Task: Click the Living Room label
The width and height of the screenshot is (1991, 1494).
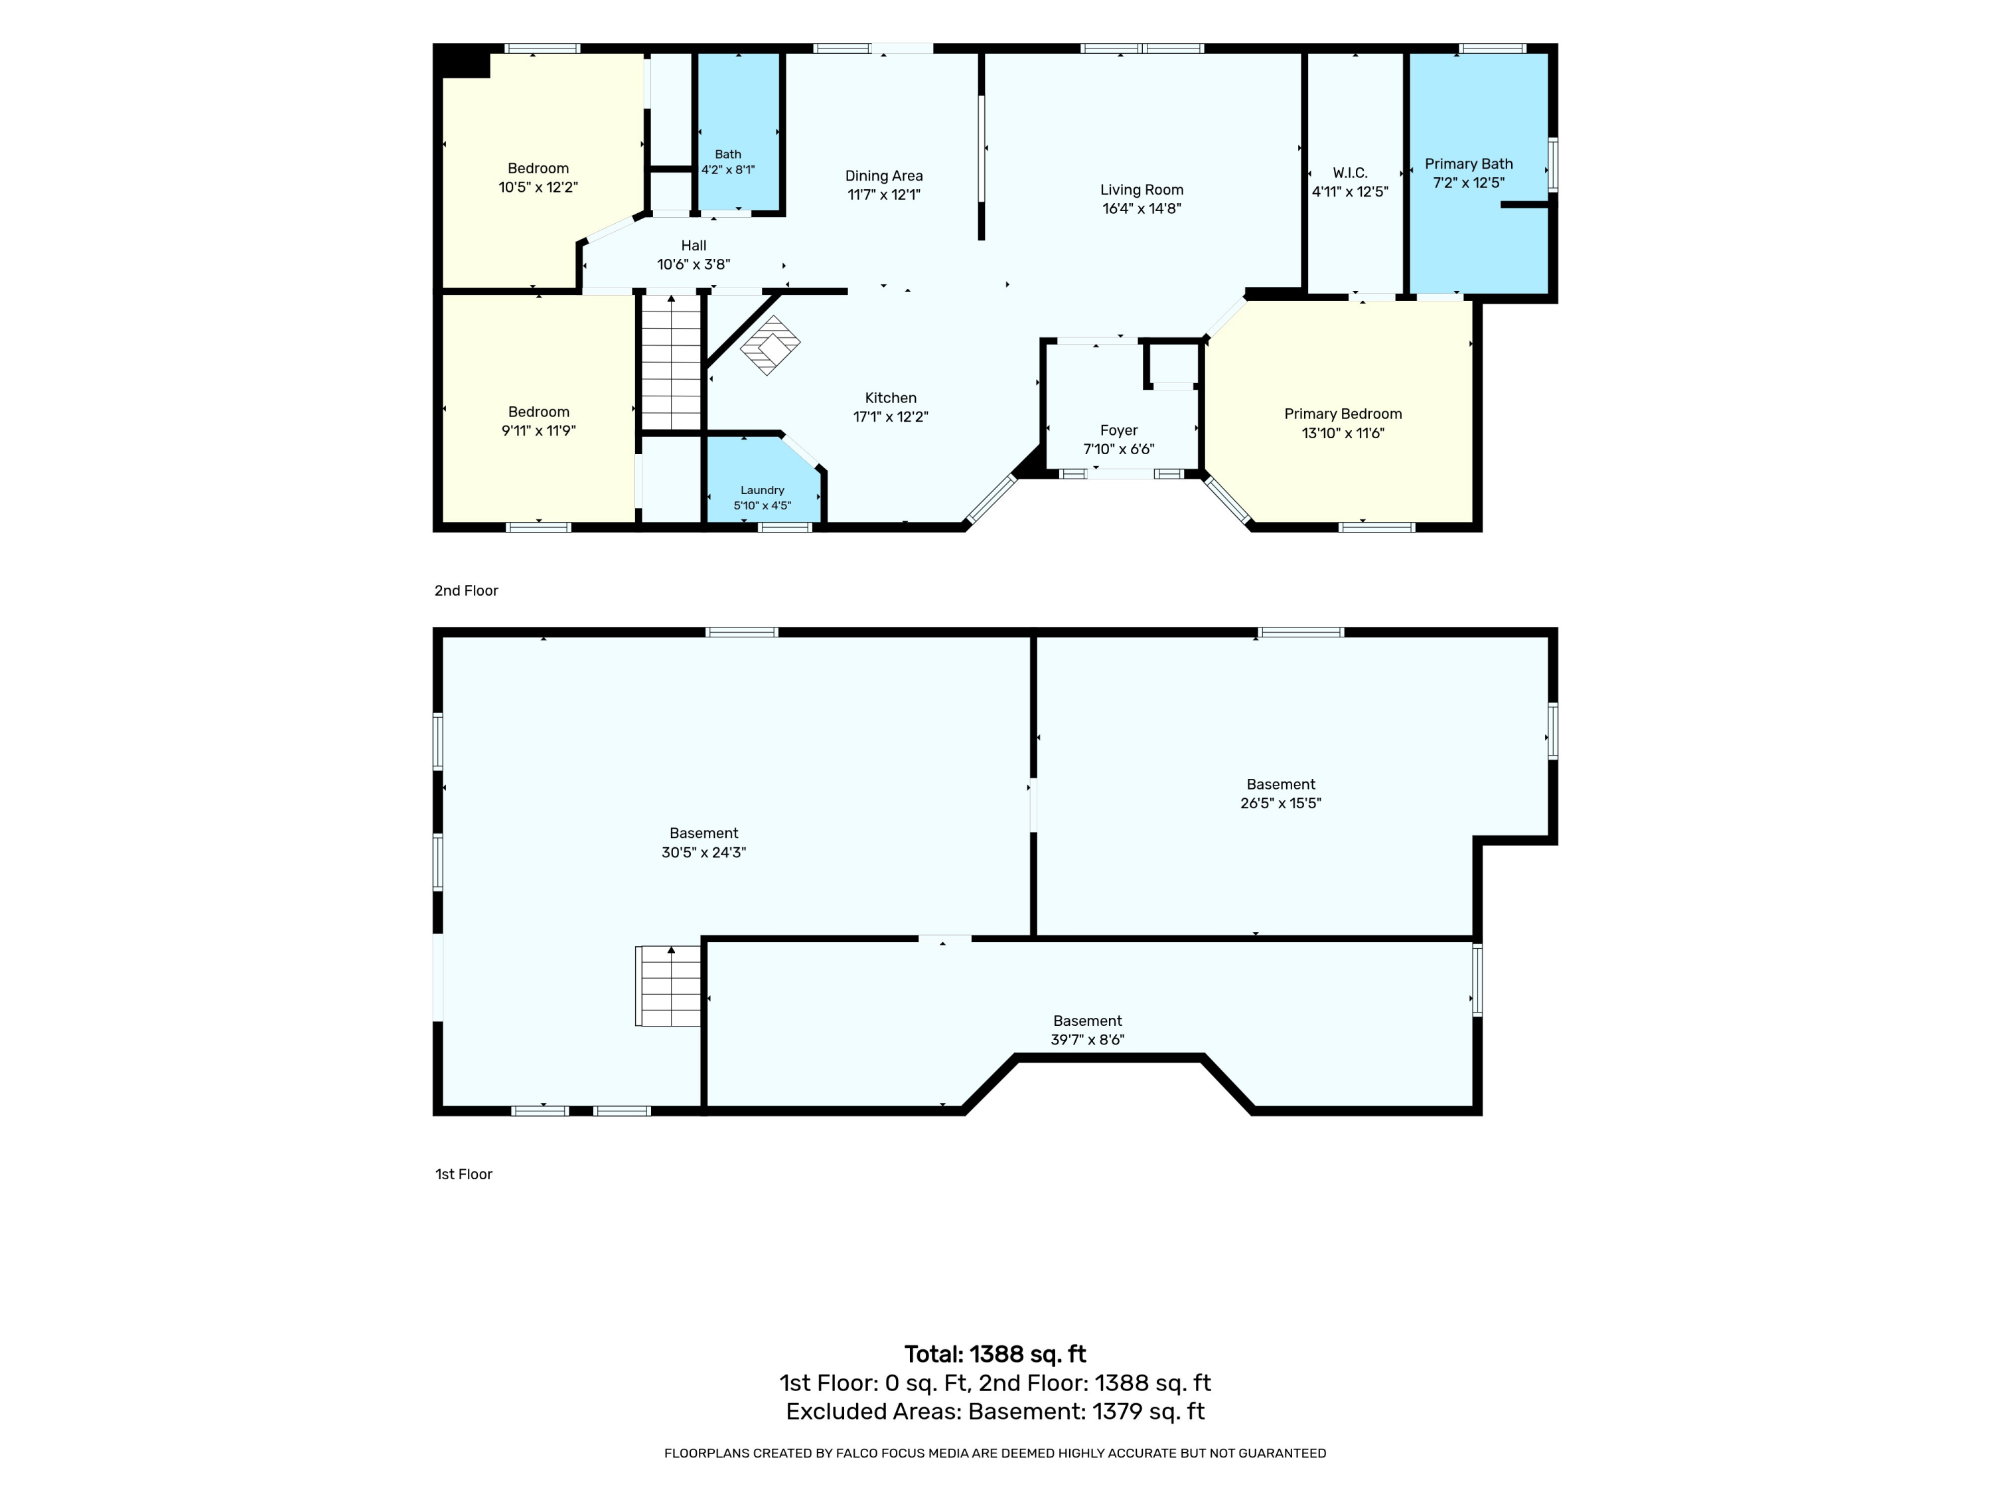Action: [x=1142, y=190]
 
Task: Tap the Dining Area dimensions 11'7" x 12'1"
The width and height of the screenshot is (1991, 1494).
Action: [x=884, y=195]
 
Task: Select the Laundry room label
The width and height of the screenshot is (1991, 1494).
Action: [x=763, y=490]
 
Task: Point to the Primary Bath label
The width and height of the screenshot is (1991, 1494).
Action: [x=1469, y=164]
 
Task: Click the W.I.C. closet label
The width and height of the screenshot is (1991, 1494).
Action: [x=1350, y=172]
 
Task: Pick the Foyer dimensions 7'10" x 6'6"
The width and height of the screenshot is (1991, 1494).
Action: [x=1119, y=450]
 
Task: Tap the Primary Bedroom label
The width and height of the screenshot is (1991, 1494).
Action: [x=1343, y=414]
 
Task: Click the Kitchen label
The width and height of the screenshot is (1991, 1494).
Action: [x=891, y=398]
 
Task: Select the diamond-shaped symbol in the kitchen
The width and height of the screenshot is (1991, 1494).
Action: [x=771, y=345]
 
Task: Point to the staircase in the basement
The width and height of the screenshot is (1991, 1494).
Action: [x=668, y=986]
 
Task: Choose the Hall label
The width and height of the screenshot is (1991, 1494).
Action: [x=694, y=246]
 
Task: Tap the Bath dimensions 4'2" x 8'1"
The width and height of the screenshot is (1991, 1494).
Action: [x=728, y=169]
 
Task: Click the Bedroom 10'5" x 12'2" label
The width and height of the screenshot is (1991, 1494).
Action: [x=538, y=169]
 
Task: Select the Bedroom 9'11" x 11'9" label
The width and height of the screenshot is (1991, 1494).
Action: [x=538, y=412]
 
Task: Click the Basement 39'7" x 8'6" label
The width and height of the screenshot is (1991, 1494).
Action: [x=1087, y=1021]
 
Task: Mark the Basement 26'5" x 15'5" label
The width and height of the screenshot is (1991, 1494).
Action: [x=1281, y=784]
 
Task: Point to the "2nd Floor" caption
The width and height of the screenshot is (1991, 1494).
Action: [x=467, y=591]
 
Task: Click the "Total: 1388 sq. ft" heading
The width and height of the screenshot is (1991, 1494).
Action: [x=995, y=1355]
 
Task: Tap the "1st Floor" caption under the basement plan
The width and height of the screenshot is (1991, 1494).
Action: [x=463, y=1175]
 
